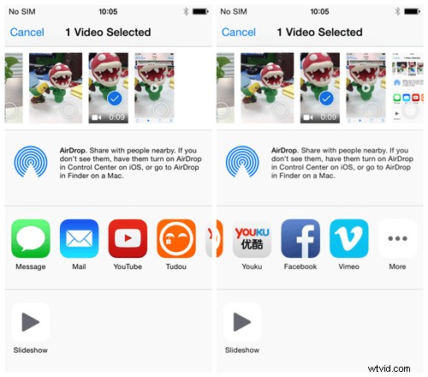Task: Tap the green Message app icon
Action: pos(31,239)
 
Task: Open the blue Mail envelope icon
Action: pos(79,239)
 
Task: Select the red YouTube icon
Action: pos(128,239)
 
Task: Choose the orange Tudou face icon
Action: pos(175,239)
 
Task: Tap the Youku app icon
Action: pos(252,239)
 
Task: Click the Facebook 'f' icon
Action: pos(300,239)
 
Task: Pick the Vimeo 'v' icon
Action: pos(349,239)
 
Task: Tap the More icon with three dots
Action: pos(397,239)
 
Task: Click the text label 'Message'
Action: pos(31,266)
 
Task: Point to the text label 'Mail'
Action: pos(79,266)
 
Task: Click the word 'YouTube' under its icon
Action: pos(128,266)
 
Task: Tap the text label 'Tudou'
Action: pos(175,266)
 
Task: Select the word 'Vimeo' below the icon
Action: pos(349,266)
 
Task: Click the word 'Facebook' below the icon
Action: pos(300,266)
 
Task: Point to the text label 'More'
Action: pos(397,266)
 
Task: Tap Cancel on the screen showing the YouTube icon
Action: pos(27,33)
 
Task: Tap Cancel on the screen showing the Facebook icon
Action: pos(239,33)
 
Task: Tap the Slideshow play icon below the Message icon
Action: pos(31,322)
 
